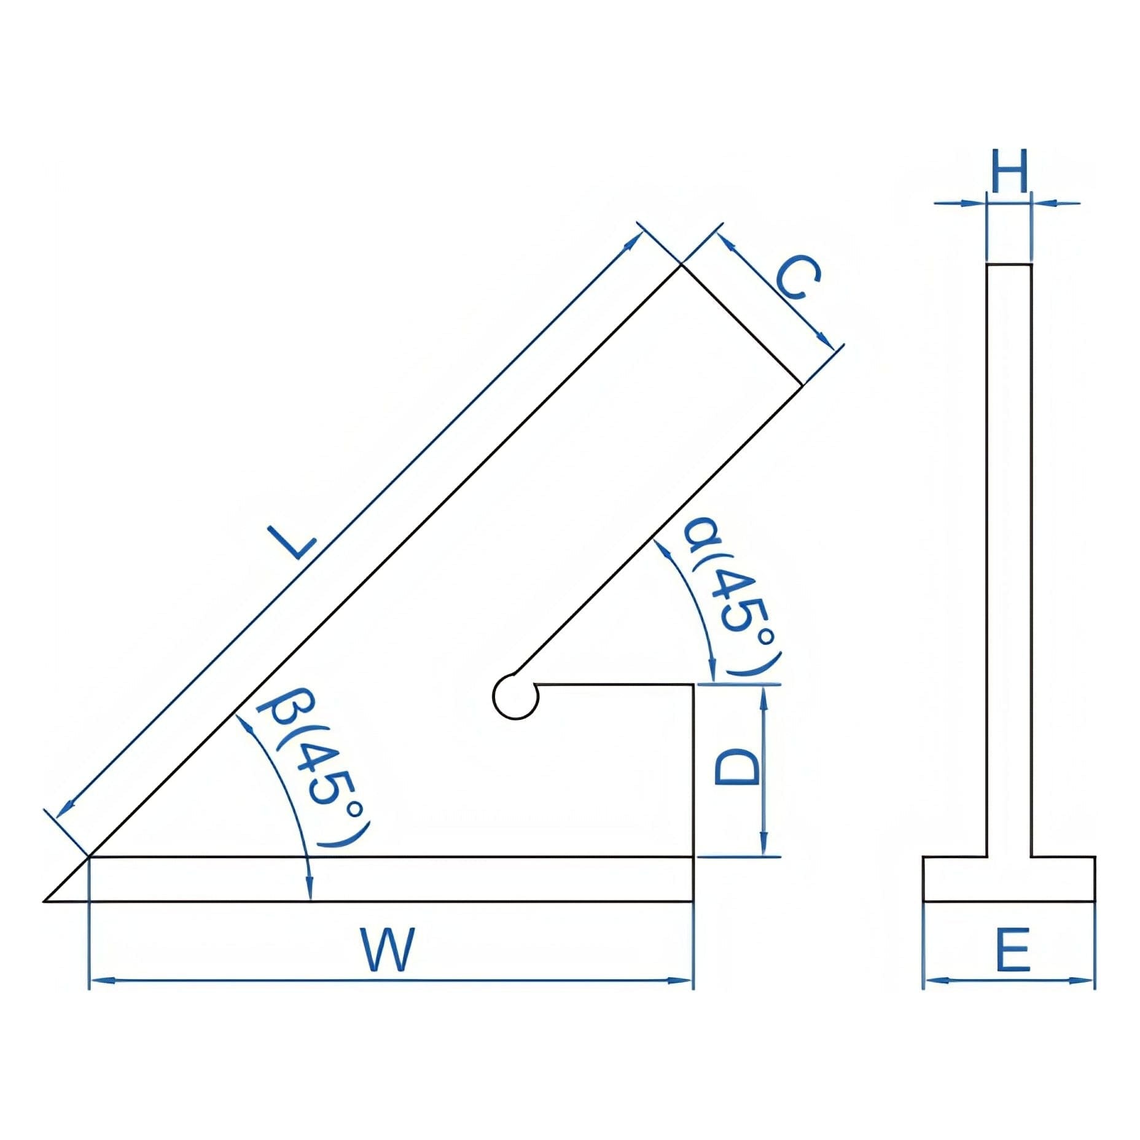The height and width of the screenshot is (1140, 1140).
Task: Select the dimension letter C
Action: pos(797,278)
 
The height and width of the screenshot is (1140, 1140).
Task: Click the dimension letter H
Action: pos(1009,171)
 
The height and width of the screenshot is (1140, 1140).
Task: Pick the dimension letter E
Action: pos(1012,950)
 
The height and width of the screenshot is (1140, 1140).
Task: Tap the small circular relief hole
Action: pos(515,696)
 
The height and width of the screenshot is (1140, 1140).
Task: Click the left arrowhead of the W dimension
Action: pos(98,981)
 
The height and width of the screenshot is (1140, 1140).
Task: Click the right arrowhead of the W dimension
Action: pos(684,981)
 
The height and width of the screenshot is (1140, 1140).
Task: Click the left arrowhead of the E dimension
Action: pos(932,981)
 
